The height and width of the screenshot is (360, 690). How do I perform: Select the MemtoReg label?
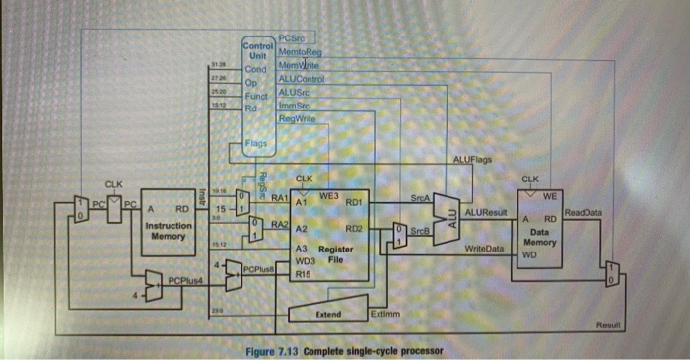point(302,51)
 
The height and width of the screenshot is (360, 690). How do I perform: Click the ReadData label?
point(583,211)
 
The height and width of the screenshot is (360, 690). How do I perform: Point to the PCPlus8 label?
point(257,267)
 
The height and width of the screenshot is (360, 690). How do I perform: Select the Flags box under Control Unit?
point(255,146)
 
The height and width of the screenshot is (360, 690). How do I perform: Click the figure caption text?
point(344,351)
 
